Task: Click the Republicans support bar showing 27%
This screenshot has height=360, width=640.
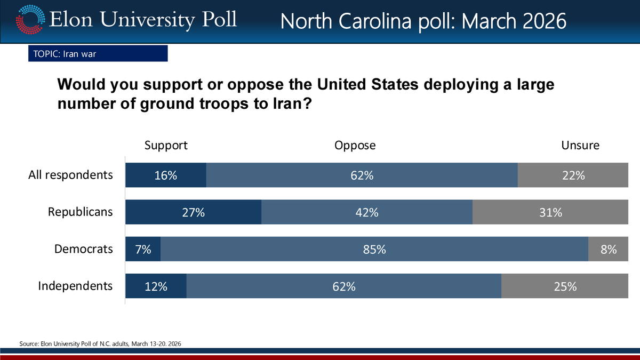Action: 193,212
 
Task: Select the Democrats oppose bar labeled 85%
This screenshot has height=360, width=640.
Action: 374,249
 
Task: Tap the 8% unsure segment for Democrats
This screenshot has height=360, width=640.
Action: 608,249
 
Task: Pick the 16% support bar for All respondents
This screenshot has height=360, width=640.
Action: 165,175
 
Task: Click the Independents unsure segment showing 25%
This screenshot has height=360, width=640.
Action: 565,286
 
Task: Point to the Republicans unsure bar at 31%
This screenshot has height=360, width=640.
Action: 550,212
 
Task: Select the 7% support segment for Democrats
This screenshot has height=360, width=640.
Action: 143,249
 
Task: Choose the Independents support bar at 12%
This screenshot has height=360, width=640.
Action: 156,286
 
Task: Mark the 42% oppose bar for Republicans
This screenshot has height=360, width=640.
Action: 367,212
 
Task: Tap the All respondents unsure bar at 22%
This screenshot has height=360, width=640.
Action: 573,175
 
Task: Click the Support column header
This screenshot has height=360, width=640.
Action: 166,145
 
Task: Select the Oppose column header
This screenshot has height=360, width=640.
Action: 355,145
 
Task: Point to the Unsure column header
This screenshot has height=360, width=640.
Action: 580,145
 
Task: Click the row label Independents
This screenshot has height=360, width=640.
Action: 75,286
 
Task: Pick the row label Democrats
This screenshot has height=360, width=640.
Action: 84,249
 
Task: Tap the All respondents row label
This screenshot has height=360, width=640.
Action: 70,175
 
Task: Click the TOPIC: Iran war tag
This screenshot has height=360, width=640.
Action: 98,53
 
